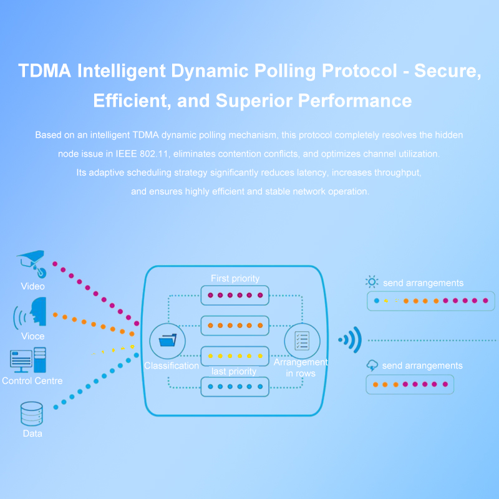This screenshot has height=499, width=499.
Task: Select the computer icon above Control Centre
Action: (x=28, y=361)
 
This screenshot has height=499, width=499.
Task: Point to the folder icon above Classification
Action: (x=167, y=341)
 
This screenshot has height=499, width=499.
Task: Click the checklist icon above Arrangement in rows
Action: (x=302, y=341)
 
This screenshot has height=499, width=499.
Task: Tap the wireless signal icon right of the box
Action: (x=351, y=340)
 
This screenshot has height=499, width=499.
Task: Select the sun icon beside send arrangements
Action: (x=372, y=282)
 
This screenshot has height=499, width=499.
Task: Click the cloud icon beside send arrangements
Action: (x=372, y=365)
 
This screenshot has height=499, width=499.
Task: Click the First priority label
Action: (x=235, y=278)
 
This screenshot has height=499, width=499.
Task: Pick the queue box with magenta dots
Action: (x=235, y=295)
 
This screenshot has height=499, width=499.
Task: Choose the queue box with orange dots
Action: (x=235, y=326)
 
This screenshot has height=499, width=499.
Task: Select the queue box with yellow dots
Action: (x=235, y=356)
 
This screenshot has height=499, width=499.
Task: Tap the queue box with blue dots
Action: (x=235, y=387)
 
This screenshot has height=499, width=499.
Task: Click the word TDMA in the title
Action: (x=44, y=70)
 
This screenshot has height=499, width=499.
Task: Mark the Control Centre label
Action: (x=32, y=380)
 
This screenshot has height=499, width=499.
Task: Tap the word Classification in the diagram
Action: (x=172, y=366)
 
